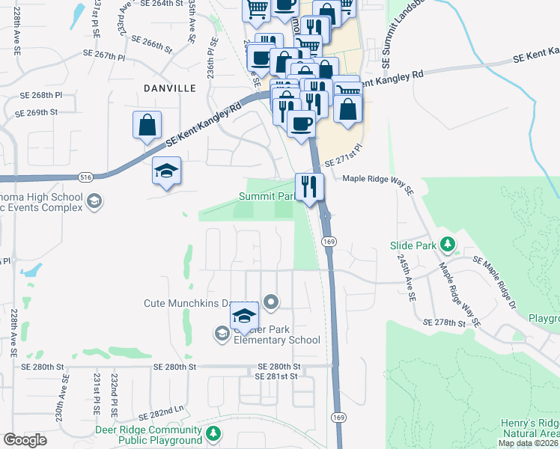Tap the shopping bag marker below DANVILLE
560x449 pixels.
tap(147, 125)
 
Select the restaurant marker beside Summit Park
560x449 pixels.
tap(309, 187)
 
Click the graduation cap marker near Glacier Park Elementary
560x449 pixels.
tap(244, 318)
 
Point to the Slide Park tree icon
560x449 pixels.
tap(448, 244)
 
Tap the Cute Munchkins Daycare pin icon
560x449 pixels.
tap(271, 303)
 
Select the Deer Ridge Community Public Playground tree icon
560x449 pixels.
tap(213, 433)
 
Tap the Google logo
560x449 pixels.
tap(25, 439)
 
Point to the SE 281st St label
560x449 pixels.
tap(277, 376)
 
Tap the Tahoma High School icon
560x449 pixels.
tap(94, 200)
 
